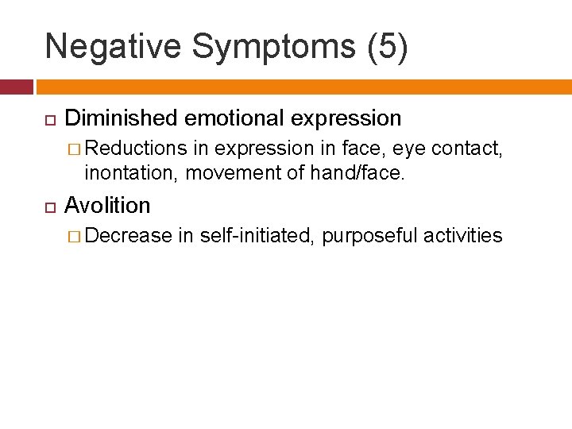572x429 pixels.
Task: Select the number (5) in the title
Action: (388, 47)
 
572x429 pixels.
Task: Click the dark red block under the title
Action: (16, 87)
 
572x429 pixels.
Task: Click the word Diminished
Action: (122, 118)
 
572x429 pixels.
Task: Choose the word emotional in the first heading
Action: (235, 118)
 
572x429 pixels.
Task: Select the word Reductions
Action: (136, 148)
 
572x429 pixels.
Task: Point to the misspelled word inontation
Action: (131, 172)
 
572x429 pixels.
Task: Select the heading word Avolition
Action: (107, 205)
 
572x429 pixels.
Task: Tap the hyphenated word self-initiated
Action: (257, 235)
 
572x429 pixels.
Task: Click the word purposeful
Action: (369, 236)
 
